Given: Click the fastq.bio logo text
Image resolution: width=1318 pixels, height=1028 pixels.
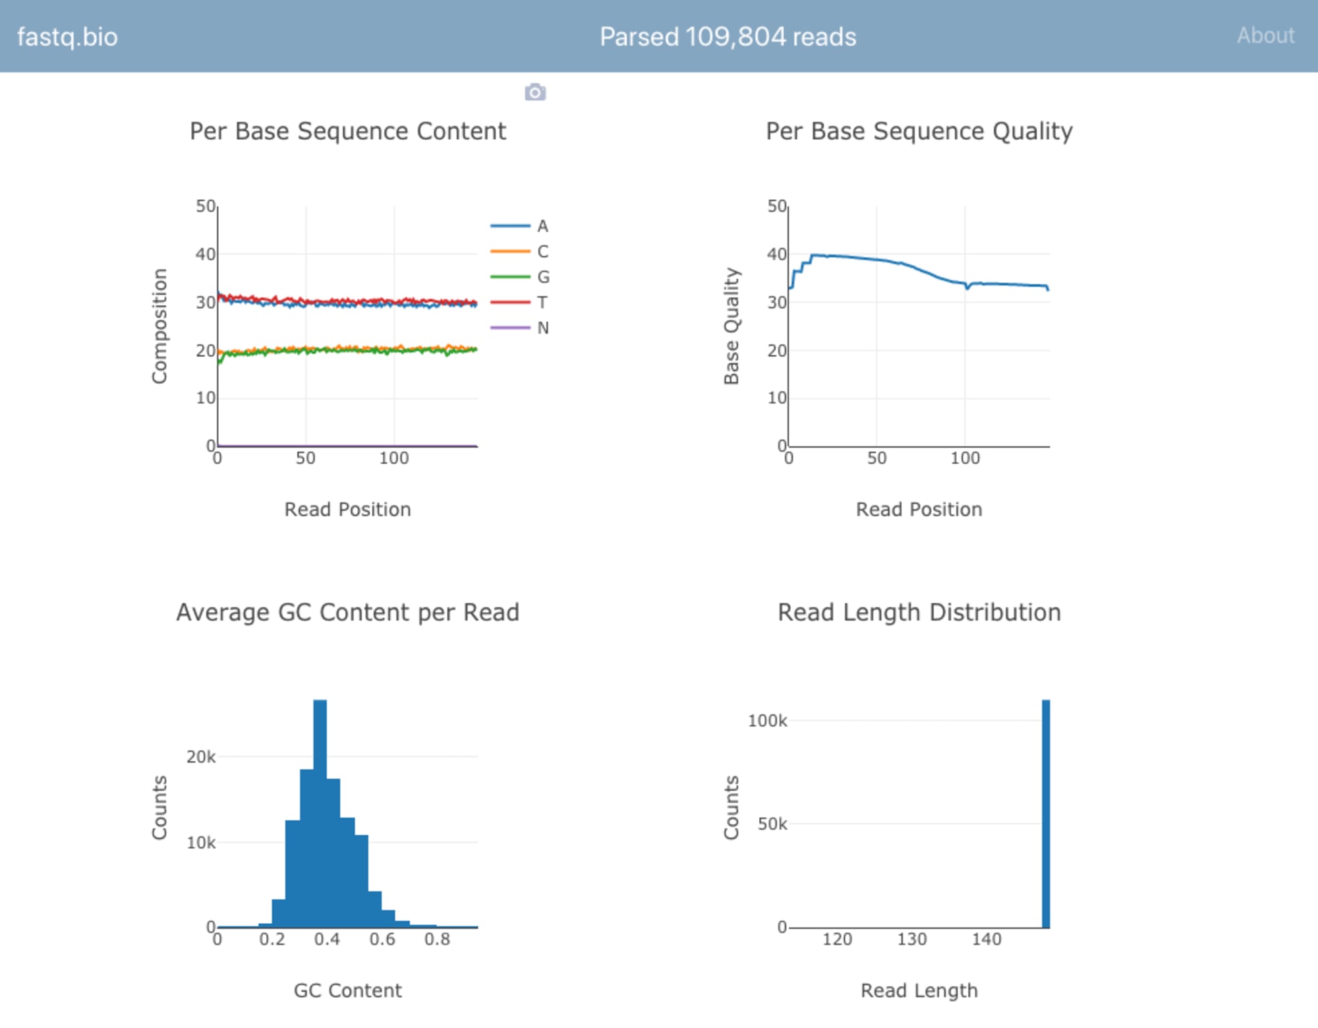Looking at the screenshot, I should coord(67,37).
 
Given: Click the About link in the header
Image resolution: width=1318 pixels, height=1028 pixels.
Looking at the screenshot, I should coord(1265,36).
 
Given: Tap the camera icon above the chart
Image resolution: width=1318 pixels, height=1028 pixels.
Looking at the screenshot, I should coord(535,92).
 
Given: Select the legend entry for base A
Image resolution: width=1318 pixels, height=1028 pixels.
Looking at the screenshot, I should coord(521,226).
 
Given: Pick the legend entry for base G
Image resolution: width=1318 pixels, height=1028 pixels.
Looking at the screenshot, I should coord(521,277).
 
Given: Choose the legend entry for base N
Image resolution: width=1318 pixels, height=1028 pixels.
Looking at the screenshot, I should coord(521,328).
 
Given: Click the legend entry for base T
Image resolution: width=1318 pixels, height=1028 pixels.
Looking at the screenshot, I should coord(521,303).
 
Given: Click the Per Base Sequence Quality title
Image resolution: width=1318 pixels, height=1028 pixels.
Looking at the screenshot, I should coord(919,131).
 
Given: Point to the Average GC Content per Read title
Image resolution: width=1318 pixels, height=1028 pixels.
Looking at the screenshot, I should coord(347,613).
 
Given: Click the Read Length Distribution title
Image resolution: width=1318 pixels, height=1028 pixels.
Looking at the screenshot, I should coord(919,613).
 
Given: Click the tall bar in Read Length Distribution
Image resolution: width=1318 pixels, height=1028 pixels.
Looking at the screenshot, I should coord(1046,814).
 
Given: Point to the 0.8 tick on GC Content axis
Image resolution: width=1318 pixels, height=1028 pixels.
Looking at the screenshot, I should coord(437,939).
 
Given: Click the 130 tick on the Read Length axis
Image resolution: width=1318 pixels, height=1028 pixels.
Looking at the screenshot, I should coord(911,939).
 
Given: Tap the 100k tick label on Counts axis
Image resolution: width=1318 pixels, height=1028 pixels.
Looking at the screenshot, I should coord(767,721).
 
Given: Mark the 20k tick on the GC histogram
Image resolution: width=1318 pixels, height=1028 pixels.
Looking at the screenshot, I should coord(201,757).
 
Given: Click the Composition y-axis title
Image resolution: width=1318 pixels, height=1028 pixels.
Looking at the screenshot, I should coord(159,326).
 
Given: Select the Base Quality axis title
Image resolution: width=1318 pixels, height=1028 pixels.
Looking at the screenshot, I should coord(731,326).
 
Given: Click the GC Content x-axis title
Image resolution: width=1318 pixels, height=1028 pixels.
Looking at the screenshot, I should coord(347,990).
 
